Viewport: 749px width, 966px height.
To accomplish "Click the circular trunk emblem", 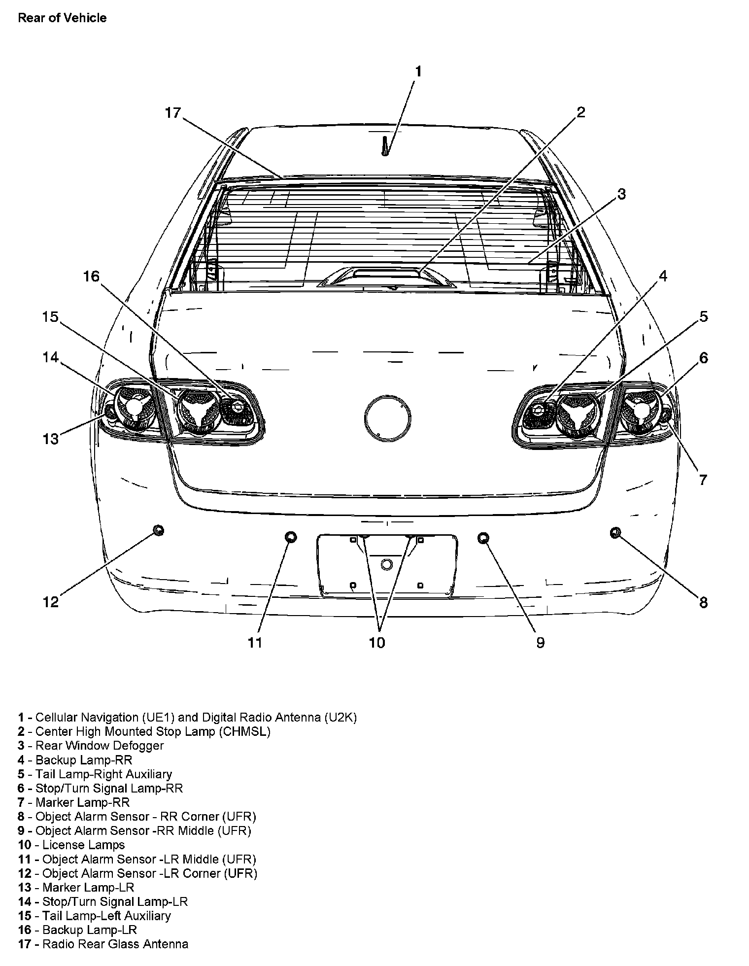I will (x=387, y=416).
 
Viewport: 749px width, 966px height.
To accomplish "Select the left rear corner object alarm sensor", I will (x=158, y=530).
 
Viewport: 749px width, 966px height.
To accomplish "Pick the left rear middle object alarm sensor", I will (x=291, y=537).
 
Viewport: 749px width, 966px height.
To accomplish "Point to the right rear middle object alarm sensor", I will (x=483, y=537).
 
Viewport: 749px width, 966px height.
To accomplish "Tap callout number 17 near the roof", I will (x=173, y=113).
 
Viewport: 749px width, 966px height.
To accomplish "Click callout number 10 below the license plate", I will (x=377, y=643).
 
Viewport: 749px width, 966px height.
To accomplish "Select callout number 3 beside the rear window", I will (x=621, y=194).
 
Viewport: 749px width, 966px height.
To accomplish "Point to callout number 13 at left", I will (x=51, y=439).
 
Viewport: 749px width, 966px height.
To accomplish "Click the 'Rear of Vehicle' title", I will (x=62, y=18).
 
